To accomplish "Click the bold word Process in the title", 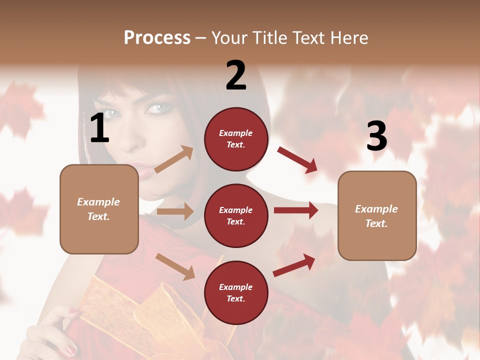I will click(x=157, y=37).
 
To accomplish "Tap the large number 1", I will click(x=99, y=128).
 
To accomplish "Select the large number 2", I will click(x=236, y=75).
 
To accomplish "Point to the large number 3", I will click(x=376, y=136).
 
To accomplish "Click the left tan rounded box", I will click(x=99, y=209).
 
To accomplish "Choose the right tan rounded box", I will click(x=377, y=215).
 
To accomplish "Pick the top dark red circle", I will click(x=236, y=139).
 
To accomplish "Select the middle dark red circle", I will click(x=236, y=215).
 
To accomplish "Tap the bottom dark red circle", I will click(x=236, y=292).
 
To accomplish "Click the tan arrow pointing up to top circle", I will click(x=173, y=160).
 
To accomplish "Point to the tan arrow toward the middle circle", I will click(x=174, y=211).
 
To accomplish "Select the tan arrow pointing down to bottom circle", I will click(x=175, y=266).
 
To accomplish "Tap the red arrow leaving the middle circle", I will click(x=295, y=210).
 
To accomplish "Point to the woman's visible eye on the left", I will click(x=114, y=113).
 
